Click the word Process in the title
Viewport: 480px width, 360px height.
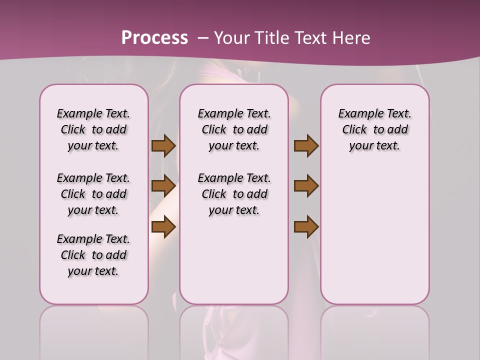point(154,38)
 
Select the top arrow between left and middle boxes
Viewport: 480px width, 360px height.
point(163,146)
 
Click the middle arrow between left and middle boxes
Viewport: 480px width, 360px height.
point(163,186)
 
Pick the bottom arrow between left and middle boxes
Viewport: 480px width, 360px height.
point(163,226)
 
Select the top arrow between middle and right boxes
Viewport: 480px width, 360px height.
point(306,146)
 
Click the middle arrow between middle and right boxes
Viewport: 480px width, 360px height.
point(306,186)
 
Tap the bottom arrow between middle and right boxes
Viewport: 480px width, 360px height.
point(306,226)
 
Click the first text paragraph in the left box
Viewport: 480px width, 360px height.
point(93,130)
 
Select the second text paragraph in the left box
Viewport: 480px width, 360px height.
point(93,194)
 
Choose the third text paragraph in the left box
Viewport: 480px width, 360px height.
point(93,255)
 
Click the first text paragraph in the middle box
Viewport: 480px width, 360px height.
point(234,130)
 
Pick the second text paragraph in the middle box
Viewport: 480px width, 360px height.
point(234,194)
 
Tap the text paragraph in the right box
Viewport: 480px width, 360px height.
point(375,130)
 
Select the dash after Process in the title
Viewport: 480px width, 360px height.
point(203,38)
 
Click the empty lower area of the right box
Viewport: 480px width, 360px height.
point(375,240)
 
